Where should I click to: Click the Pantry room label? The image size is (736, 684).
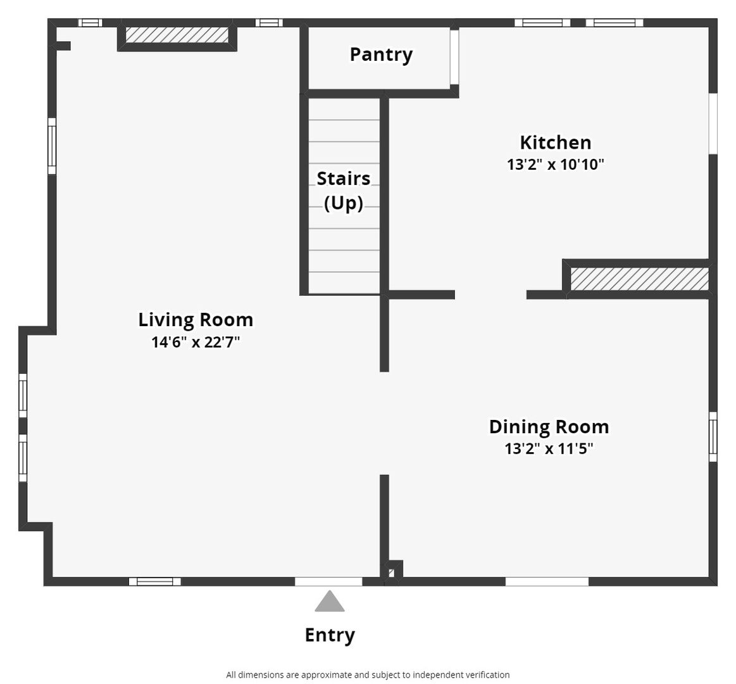pyautogui.click(x=381, y=54)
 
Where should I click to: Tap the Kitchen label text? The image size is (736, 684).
pyautogui.click(x=555, y=142)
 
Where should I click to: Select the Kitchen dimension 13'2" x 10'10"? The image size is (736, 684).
pyautogui.click(x=555, y=165)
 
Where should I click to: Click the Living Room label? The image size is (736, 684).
pyautogui.click(x=196, y=320)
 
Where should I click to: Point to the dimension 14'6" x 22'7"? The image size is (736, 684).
pyautogui.click(x=196, y=342)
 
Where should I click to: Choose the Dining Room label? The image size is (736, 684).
pyautogui.click(x=549, y=427)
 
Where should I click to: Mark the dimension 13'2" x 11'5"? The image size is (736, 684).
pyautogui.click(x=549, y=448)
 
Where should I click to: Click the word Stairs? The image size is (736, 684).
pyautogui.click(x=344, y=179)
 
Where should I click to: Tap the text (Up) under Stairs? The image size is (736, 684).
pyautogui.click(x=344, y=203)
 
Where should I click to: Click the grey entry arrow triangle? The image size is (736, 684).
pyautogui.click(x=330, y=602)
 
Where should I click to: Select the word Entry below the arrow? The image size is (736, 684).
pyautogui.click(x=330, y=635)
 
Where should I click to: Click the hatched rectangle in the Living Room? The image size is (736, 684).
pyautogui.click(x=177, y=35)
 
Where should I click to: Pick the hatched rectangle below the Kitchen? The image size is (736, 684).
pyautogui.click(x=639, y=279)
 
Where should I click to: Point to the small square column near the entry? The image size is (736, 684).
pyautogui.click(x=393, y=571)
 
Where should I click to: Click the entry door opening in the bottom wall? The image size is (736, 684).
pyautogui.click(x=328, y=581)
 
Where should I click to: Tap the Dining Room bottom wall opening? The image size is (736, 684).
pyautogui.click(x=547, y=581)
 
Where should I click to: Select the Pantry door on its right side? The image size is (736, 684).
pyautogui.click(x=454, y=57)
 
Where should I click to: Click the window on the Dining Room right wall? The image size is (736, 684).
pyautogui.click(x=713, y=436)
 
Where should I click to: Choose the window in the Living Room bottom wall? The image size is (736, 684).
pyautogui.click(x=155, y=581)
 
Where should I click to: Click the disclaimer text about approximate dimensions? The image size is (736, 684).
pyautogui.click(x=368, y=674)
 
